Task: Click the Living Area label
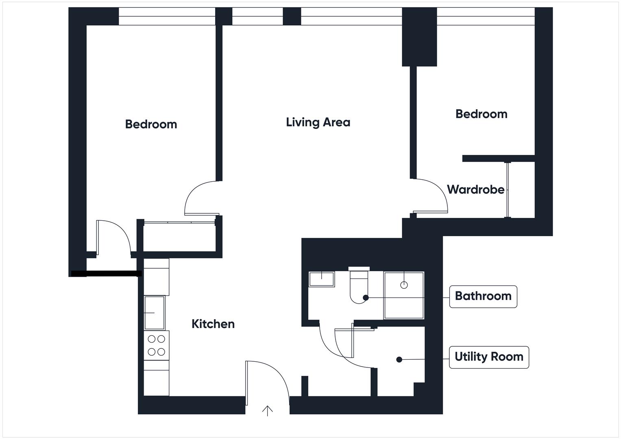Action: pyautogui.click(x=318, y=122)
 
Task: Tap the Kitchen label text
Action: pyautogui.click(x=213, y=324)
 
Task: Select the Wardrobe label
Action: pyautogui.click(x=475, y=189)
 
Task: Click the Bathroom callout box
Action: pyautogui.click(x=483, y=296)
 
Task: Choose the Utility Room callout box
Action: pyautogui.click(x=488, y=357)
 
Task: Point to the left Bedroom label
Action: pyautogui.click(x=151, y=124)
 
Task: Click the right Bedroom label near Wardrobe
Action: pyautogui.click(x=481, y=114)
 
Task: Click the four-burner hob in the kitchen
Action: pyautogui.click(x=156, y=345)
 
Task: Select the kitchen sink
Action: pyautogui.click(x=155, y=313)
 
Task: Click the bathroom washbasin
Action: pyautogui.click(x=321, y=279)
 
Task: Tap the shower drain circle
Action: pyautogui.click(x=404, y=285)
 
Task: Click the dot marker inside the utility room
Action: pyautogui.click(x=399, y=360)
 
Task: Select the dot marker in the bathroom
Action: pyautogui.click(x=366, y=298)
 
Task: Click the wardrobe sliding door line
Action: pyautogui.click(x=507, y=190)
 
